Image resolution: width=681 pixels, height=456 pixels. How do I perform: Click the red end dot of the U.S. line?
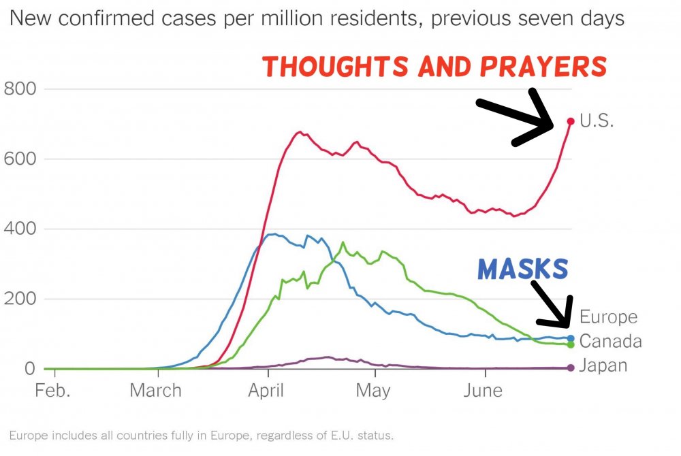[571, 122]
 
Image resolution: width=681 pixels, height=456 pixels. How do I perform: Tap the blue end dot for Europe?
[571, 338]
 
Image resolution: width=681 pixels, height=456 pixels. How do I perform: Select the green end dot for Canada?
[571, 344]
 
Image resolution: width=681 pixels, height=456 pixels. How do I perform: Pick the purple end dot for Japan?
[571, 368]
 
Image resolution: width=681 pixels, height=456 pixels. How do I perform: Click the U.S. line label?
[597, 123]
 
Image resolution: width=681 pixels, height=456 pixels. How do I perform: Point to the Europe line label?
[608, 317]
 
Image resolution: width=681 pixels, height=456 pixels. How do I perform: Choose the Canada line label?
[609, 340]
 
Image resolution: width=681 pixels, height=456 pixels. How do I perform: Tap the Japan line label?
[603, 366]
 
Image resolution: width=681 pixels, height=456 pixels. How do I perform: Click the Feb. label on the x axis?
[53, 391]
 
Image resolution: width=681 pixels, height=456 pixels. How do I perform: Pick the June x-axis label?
[484, 391]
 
